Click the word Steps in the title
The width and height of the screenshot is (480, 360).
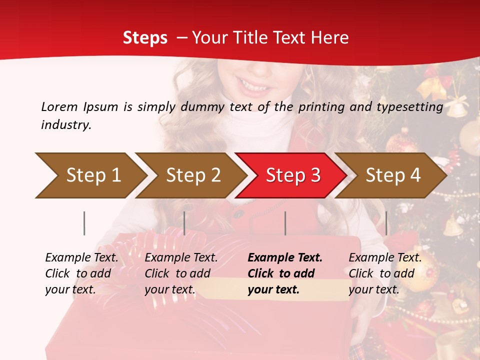pyautogui.click(x=145, y=38)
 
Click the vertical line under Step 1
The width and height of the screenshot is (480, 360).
pyautogui.click(x=84, y=223)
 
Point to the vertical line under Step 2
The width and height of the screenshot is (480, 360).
pyautogui.click(x=184, y=223)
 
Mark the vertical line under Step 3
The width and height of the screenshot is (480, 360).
pyautogui.click(x=285, y=223)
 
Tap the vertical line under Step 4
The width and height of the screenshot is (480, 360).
pyautogui.click(x=386, y=223)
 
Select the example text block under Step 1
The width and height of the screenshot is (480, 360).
pyautogui.click(x=82, y=273)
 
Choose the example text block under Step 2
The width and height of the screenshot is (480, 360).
pyautogui.click(x=181, y=273)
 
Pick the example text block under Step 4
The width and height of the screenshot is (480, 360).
pyautogui.click(x=385, y=273)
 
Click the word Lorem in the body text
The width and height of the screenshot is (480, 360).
pyautogui.click(x=59, y=107)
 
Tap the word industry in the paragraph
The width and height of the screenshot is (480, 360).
pyautogui.click(x=65, y=125)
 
